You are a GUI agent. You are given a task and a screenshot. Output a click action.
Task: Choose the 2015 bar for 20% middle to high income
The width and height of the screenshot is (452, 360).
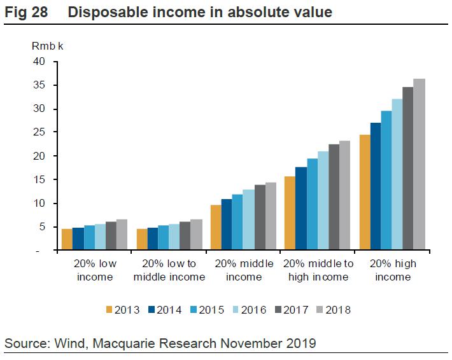pos(312,204)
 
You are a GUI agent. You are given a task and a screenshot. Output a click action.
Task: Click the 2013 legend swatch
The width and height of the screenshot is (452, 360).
pos(109,310)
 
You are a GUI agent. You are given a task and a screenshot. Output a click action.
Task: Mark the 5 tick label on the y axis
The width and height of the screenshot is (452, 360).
pos(41,227)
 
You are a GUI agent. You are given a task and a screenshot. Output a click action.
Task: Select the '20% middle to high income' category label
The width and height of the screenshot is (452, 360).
pos(318,270)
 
